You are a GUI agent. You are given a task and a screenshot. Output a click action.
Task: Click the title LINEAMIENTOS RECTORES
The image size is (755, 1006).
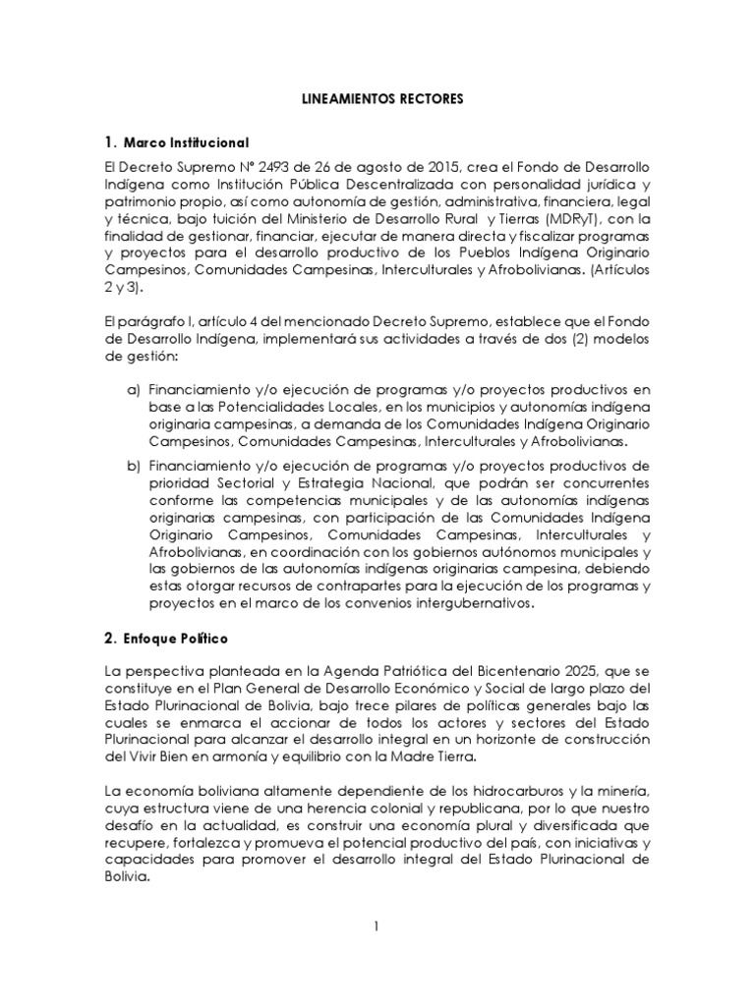pyautogui.click(x=377, y=99)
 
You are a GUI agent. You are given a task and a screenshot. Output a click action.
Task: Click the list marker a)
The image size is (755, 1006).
pyautogui.click(x=134, y=391)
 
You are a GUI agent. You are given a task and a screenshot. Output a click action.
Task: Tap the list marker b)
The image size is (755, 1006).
pyautogui.click(x=134, y=463)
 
